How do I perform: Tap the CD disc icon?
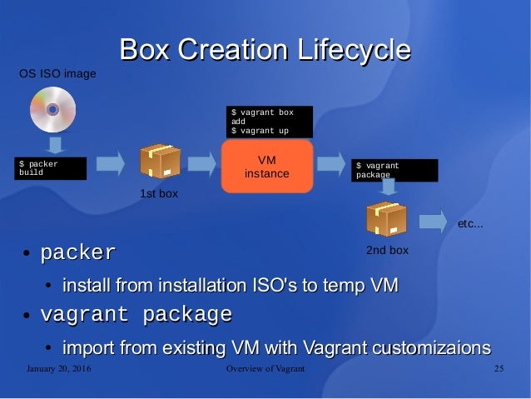click(x=52, y=110)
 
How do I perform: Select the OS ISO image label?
click(x=57, y=74)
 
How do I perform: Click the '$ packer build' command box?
click(x=51, y=168)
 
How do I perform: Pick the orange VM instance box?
click(x=266, y=167)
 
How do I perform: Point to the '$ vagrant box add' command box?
click(x=270, y=122)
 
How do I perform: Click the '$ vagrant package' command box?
click(x=395, y=170)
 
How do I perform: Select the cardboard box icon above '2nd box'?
click(x=386, y=219)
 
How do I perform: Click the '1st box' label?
click(x=159, y=193)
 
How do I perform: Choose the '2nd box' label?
click(x=387, y=250)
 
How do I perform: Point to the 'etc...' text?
click(x=471, y=224)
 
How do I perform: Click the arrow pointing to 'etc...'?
click(x=432, y=222)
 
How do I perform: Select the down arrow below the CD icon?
click(x=55, y=146)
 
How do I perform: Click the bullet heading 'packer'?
click(x=78, y=252)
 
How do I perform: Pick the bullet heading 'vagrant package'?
click(x=136, y=316)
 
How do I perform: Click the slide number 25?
click(x=499, y=369)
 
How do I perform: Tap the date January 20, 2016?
click(x=58, y=369)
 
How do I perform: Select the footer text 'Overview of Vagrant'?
click(x=265, y=369)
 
